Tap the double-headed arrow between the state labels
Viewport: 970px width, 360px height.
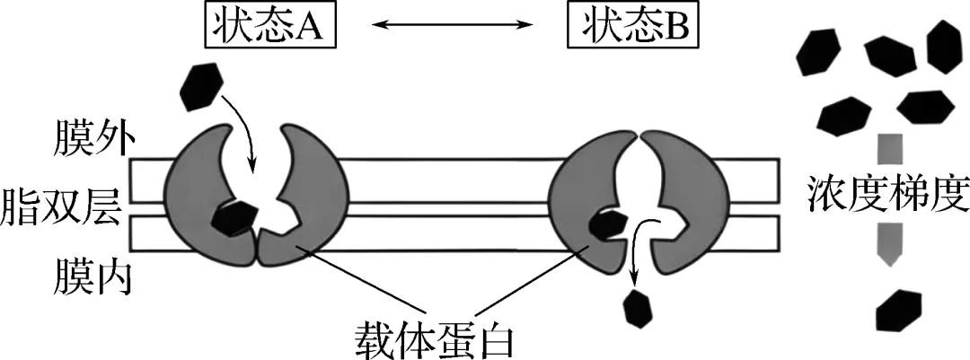449,28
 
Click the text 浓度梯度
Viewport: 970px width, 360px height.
886,189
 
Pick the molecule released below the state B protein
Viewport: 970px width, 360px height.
638,307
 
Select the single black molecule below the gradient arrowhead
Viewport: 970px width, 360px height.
899,311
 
